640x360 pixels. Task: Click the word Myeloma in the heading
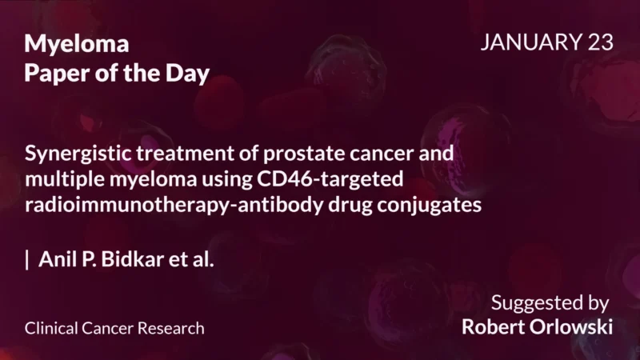tap(77, 45)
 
